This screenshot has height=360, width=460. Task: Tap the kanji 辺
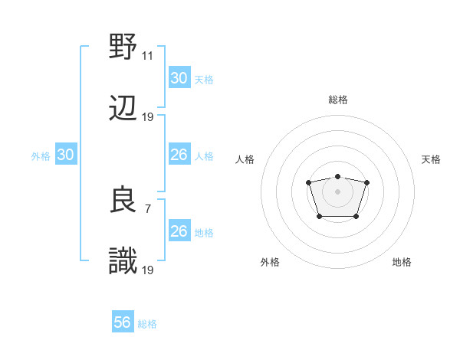click(123, 110)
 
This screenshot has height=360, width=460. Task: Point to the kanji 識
click(123, 262)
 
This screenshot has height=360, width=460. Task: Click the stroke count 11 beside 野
click(148, 55)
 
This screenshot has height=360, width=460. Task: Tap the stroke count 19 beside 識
click(148, 270)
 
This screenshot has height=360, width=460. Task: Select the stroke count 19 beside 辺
click(148, 117)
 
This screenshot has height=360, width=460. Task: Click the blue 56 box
click(123, 323)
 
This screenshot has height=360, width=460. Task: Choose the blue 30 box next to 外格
click(66, 155)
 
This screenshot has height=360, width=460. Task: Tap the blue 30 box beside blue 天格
click(179, 78)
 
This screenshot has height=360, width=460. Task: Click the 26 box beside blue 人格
click(179, 155)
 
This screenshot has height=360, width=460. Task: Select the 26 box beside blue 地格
click(179, 231)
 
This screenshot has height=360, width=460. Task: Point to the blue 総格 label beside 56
click(148, 324)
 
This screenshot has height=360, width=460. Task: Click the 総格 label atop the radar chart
click(338, 100)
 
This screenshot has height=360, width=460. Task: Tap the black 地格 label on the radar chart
click(402, 262)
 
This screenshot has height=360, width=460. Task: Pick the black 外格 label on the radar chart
click(270, 262)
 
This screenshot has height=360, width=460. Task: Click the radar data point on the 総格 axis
click(338, 176)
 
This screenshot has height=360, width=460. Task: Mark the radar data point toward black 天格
click(367, 182)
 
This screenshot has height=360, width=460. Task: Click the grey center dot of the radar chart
click(338, 191)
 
